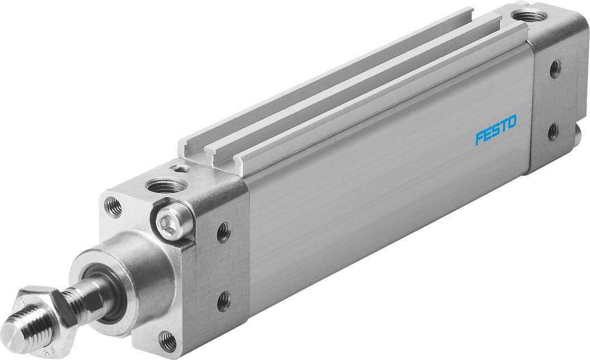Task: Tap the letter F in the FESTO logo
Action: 479,138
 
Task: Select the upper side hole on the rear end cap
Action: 554,69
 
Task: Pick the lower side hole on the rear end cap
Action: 553,132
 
